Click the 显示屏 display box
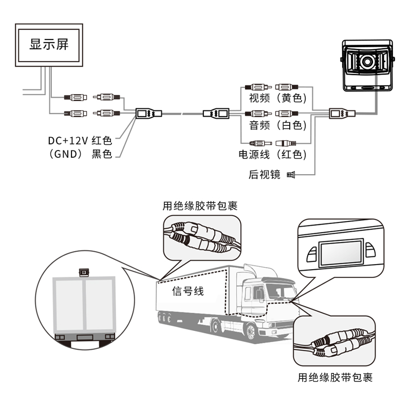[49, 44]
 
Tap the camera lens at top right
[368, 62]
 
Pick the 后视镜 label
[264, 175]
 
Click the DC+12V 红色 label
[80, 140]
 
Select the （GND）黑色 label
[80, 154]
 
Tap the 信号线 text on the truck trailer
[188, 291]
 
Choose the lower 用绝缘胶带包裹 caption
[335, 378]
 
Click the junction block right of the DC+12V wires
[149, 113]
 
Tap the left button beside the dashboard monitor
[311, 251]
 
